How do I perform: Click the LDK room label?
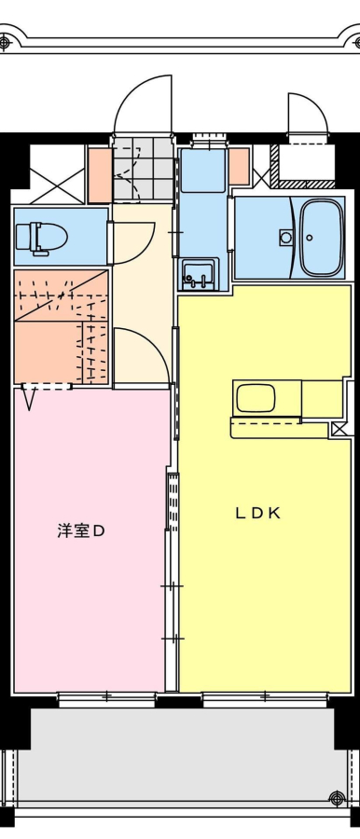258,513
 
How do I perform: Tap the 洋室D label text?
80,531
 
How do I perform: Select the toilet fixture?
41,237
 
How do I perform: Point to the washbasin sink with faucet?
200,273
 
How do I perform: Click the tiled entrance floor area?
145,169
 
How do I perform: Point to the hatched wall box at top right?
303,165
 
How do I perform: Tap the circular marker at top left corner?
6,42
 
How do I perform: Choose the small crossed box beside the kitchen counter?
339,429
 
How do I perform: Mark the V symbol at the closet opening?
30,399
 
